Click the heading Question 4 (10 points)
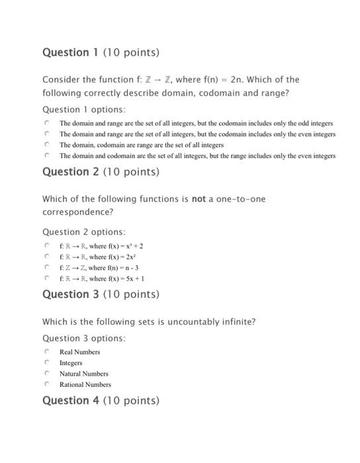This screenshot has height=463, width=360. pos(101,400)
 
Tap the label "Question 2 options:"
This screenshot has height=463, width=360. pos(83,232)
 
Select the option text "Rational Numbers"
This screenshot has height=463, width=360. pos(85,384)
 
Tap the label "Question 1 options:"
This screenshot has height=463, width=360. pos(83,109)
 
